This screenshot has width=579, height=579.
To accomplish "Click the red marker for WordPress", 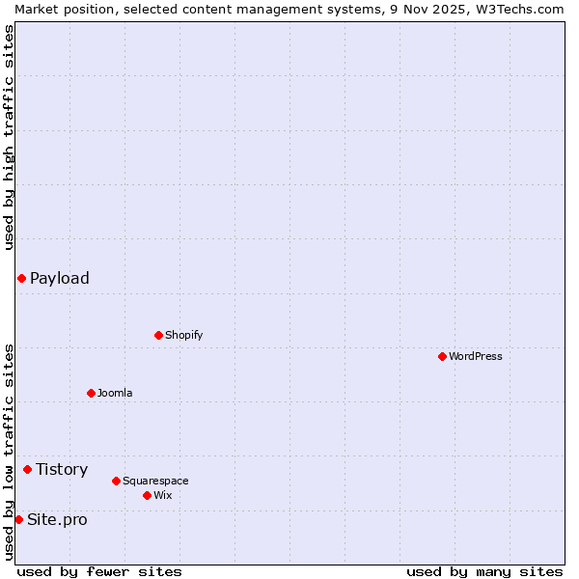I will (x=442, y=356).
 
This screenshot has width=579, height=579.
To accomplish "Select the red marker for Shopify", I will (x=158, y=335).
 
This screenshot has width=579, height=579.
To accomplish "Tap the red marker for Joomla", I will (x=91, y=393).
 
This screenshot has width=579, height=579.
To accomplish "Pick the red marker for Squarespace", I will (x=116, y=481).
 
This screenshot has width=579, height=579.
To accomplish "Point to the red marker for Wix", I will (x=147, y=495).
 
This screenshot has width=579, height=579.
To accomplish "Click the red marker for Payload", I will (x=21, y=278).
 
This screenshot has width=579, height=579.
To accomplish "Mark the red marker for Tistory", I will (x=27, y=469).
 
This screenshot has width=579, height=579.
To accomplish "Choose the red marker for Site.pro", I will (x=18, y=519).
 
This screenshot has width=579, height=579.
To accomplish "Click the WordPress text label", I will (x=476, y=356).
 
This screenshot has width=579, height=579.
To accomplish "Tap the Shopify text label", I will (x=183, y=335).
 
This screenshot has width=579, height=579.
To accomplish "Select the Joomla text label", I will (x=115, y=393).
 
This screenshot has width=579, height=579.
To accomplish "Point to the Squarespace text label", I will (x=155, y=481).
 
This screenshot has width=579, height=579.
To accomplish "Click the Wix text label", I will (x=162, y=495).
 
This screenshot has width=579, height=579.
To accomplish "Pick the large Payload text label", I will (x=60, y=278).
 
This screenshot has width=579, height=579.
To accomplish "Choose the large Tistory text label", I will (x=62, y=469).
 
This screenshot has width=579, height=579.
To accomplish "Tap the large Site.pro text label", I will (x=57, y=519).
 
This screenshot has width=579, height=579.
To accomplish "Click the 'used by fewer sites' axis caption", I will (x=99, y=571).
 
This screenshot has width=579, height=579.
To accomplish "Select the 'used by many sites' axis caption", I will (x=484, y=571).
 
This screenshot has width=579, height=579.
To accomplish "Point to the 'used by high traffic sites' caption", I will (x=9, y=136).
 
